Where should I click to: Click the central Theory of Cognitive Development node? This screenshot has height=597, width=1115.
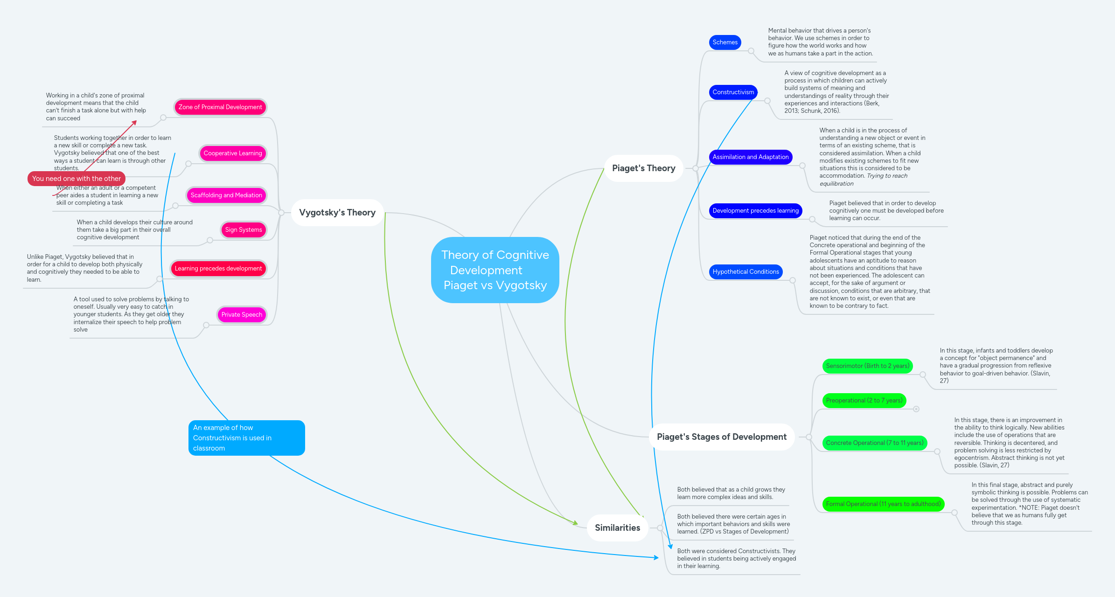pos(495,270)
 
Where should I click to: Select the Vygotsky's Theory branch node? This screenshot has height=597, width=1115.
pos(337,213)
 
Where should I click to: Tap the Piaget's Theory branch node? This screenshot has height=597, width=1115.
pos(643,168)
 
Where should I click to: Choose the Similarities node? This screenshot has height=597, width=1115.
pos(617,528)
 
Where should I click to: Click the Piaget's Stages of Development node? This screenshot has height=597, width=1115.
pos(721,437)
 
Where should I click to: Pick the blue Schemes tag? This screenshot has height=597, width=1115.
pos(725,42)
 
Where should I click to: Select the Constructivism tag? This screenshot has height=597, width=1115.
pos(733,92)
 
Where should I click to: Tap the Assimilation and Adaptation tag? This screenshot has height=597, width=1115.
pos(750,157)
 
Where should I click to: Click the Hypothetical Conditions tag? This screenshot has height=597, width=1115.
pos(746,272)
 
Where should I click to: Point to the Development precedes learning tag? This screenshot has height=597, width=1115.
pos(755,211)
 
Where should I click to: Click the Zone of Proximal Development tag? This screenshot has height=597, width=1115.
pos(220,107)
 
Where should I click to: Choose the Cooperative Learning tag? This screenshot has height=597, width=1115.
pos(233,153)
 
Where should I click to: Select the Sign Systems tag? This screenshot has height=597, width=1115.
pos(243,230)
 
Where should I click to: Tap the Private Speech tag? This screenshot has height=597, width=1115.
pos(242,315)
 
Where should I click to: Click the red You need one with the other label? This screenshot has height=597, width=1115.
pos(77,179)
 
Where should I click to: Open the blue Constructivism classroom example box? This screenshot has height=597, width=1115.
pos(246,438)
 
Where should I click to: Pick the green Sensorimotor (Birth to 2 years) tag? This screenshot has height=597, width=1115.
pos(867,366)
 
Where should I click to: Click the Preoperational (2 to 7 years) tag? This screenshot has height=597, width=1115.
pos(864,401)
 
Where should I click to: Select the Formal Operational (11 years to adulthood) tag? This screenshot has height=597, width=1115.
pos(883,504)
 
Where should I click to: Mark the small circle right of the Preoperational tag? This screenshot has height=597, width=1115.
pos(916,409)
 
